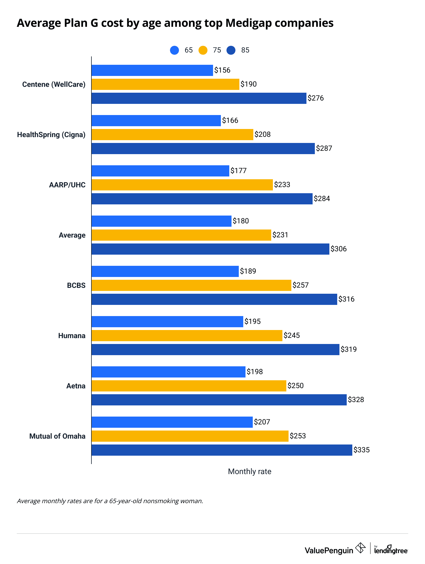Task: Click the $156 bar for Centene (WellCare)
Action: [152, 70]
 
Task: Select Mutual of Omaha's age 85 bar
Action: [222, 450]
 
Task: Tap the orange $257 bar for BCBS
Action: [191, 285]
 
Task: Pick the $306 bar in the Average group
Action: [210, 249]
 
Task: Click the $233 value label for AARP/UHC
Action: [282, 185]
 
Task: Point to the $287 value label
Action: [324, 149]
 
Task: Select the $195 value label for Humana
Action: [252, 322]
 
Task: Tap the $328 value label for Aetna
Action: [356, 400]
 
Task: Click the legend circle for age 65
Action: [174, 50]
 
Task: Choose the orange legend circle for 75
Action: [203, 50]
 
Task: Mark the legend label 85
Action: [245, 50]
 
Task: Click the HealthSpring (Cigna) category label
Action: [51, 135]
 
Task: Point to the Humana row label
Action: [72, 336]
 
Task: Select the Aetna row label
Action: [76, 386]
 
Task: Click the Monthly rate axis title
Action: [249, 472]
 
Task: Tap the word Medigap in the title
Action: [249, 23]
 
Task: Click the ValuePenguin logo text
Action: [329, 550]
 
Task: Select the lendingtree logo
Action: [391, 549]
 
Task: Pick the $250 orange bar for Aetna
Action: [189, 386]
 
